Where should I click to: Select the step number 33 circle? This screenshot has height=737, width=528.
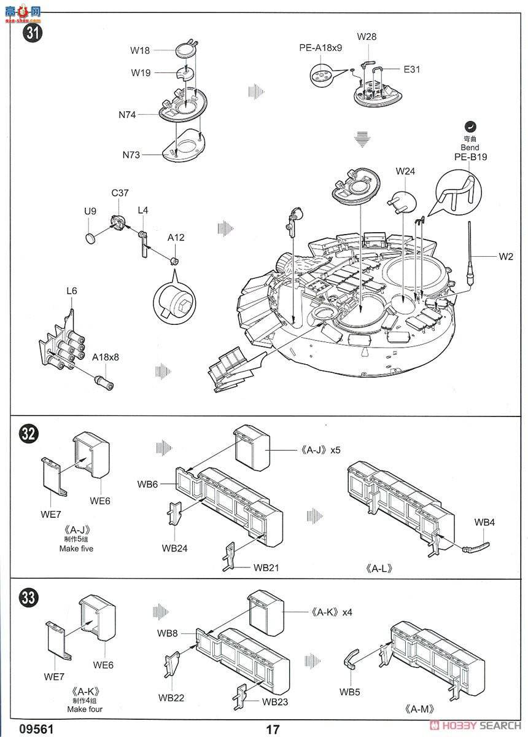[x=28, y=597]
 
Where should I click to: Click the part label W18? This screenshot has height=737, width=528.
[x=140, y=51]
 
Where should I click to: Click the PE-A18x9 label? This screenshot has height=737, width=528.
[x=320, y=48]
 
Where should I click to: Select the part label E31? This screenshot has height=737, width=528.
[x=412, y=69]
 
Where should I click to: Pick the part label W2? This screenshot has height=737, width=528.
[x=505, y=257]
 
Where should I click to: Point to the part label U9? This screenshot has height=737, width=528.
[x=90, y=211]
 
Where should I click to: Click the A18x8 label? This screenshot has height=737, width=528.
[x=106, y=357]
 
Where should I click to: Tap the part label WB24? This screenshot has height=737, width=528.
[x=174, y=547]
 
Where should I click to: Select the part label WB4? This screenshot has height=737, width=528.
[x=484, y=522]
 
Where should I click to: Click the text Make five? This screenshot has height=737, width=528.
[x=76, y=548]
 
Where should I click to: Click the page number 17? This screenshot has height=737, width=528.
[x=273, y=729]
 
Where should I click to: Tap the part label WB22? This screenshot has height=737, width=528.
[x=171, y=698]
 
